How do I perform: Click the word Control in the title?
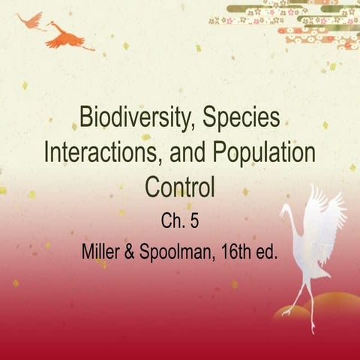tap(179, 184)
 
